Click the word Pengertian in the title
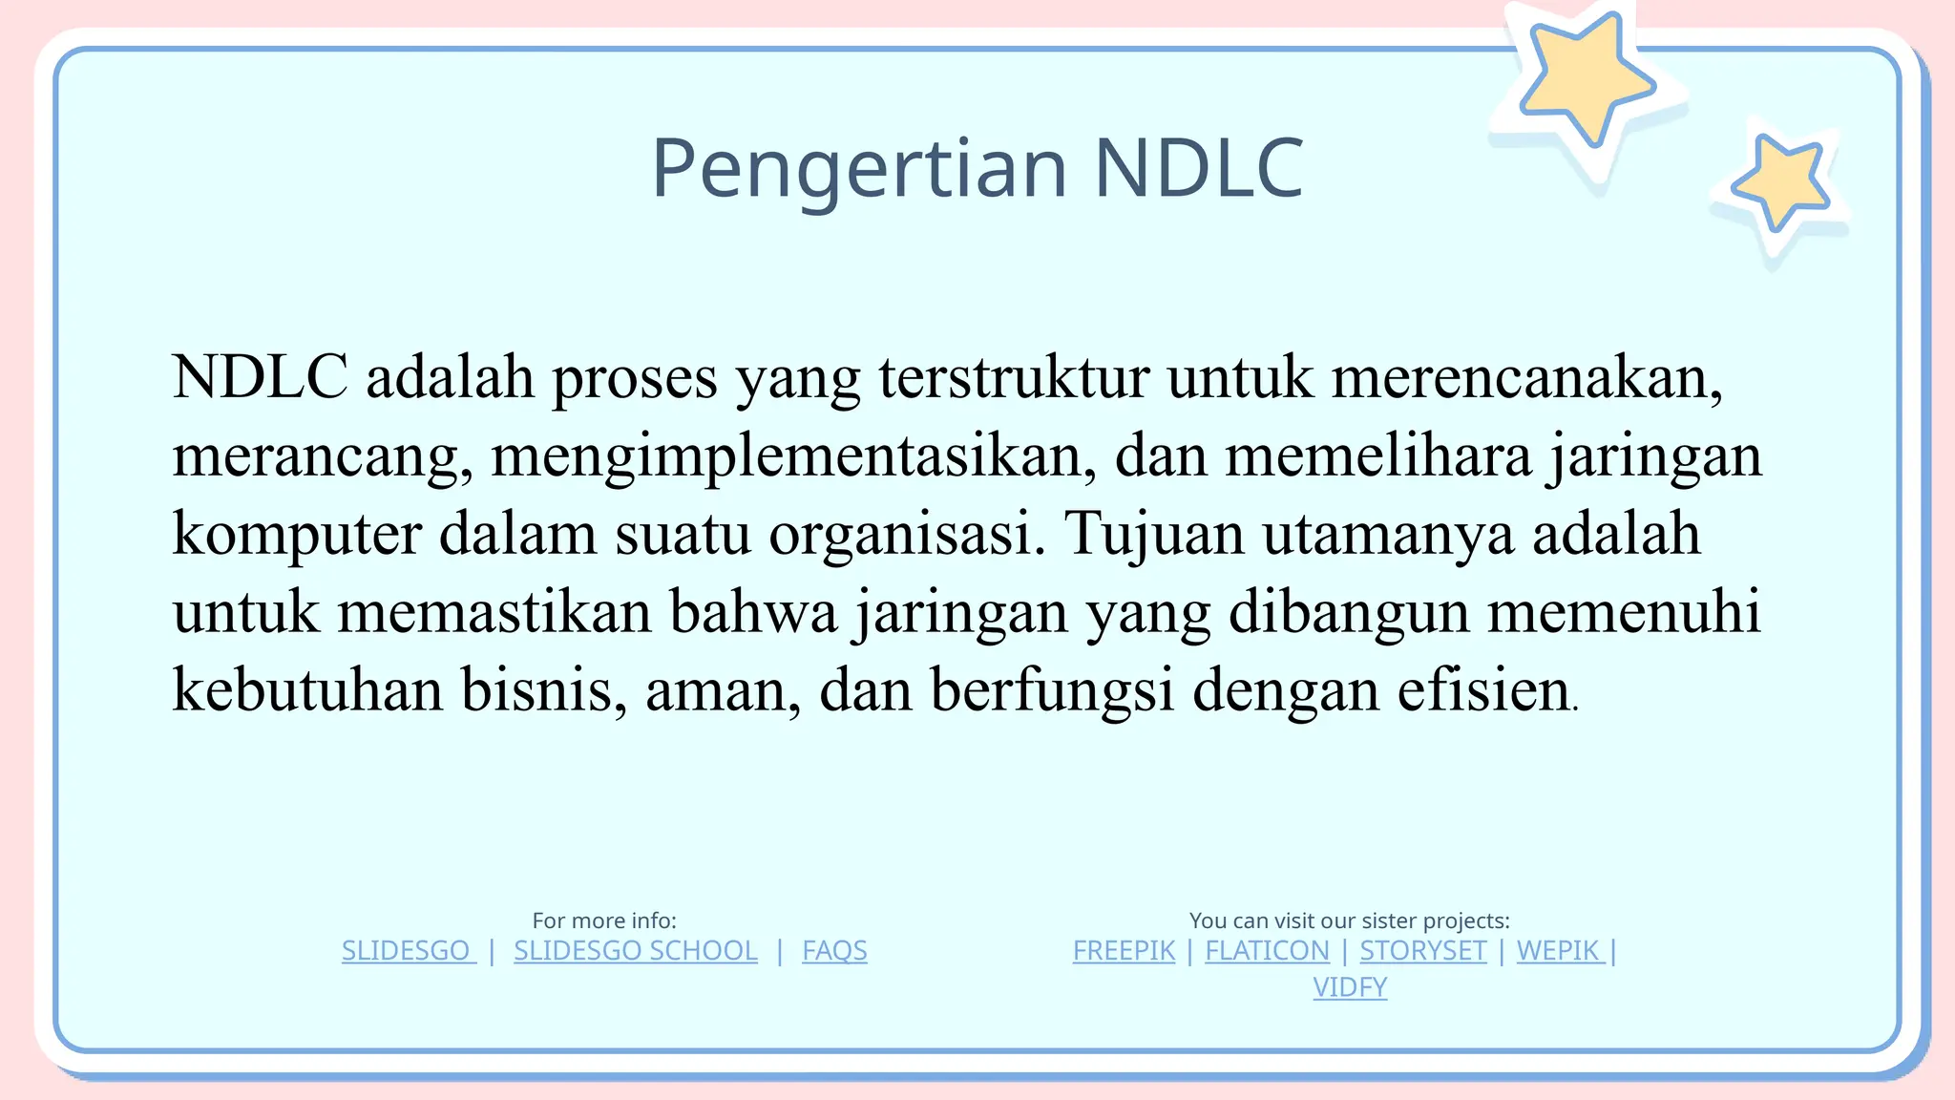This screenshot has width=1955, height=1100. click(x=858, y=169)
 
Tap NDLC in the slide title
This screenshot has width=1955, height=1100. click(x=1198, y=169)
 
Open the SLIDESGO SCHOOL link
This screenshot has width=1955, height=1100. click(x=635, y=951)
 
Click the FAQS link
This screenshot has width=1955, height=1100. click(x=834, y=951)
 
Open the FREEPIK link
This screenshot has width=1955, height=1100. click(x=1124, y=951)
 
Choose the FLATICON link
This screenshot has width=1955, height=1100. click(x=1267, y=951)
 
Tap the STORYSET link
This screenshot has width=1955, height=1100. click(x=1423, y=951)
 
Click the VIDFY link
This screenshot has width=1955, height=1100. click(x=1350, y=987)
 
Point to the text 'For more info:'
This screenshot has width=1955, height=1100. click(x=604, y=920)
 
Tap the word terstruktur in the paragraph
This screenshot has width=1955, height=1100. click(x=1014, y=378)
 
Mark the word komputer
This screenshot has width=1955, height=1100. click(x=296, y=535)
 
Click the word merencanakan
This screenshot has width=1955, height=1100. click(x=1525, y=378)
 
